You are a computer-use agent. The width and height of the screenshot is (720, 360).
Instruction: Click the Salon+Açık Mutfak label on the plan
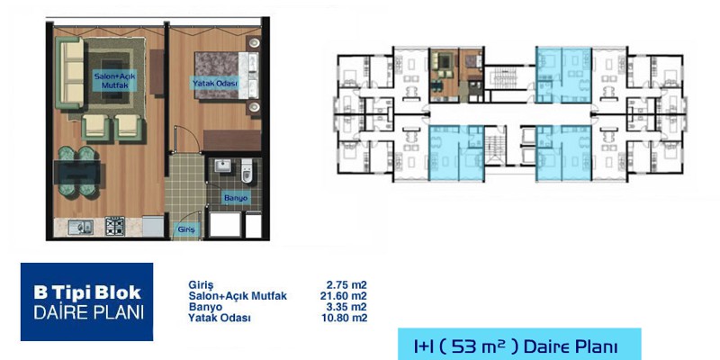(114, 80)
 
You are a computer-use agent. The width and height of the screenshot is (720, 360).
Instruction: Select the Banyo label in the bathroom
(236, 198)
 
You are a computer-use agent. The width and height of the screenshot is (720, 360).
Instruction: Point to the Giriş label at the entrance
(186, 229)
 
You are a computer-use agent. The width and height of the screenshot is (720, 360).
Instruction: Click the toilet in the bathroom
(247, 171)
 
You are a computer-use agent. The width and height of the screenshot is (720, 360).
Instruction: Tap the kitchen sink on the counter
(80, 227)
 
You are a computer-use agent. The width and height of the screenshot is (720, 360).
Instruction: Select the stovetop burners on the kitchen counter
(115, 226)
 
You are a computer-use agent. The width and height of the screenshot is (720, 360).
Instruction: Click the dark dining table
(76, 172)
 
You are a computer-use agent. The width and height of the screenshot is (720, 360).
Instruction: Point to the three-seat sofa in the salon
(70, 73)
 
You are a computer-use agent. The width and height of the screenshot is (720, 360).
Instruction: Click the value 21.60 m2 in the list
(344, 296)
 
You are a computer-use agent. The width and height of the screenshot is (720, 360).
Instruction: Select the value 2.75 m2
(346, 285)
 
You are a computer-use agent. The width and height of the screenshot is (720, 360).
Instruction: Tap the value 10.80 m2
(344, 318)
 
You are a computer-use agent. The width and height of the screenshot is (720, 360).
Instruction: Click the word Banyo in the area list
(205, 307)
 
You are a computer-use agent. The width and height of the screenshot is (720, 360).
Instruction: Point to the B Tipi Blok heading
(87, 292)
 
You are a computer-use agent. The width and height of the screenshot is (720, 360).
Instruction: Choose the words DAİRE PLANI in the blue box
(88, 311)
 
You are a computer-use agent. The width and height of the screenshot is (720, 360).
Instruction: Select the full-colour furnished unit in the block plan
(456, 75)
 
